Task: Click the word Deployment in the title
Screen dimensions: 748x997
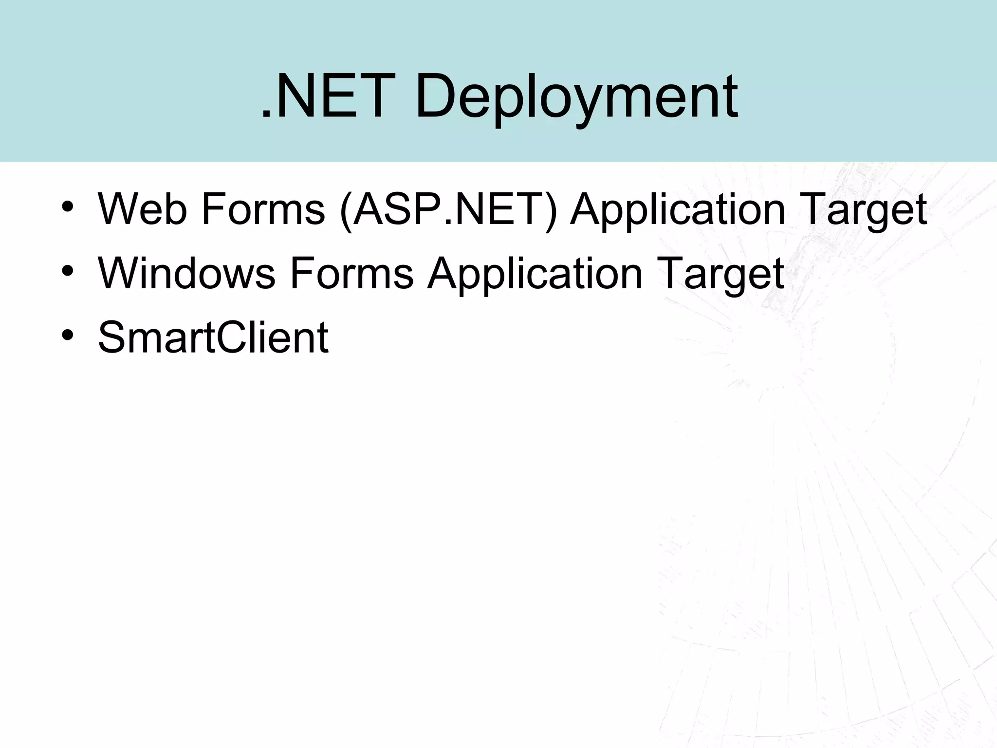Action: coord(576,97)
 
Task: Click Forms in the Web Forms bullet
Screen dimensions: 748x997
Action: coord(262,209)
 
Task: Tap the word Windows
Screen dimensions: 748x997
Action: coord(187,274)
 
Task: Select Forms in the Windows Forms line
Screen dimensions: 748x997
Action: coord(351,274)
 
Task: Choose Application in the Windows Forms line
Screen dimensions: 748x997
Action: coord(535,274)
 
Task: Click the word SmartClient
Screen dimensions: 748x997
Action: coord(213,337)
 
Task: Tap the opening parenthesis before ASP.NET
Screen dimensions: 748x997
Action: coord(346,210)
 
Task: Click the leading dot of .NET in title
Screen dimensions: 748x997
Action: coord(266,116)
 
